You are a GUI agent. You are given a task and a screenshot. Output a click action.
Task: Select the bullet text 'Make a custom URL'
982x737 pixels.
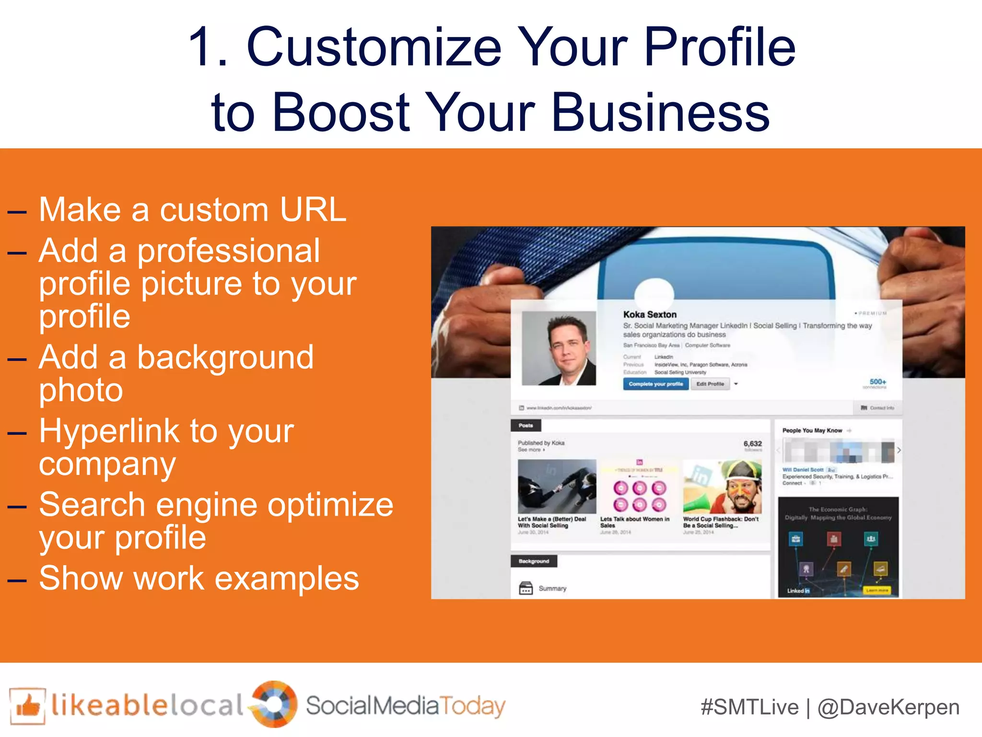point(192,210)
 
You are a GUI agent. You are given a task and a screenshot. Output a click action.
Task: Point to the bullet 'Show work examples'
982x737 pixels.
point(199,578)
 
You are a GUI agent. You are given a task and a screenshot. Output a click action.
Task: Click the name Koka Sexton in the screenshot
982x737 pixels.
point(650,314)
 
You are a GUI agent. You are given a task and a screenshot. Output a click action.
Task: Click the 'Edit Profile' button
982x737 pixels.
point(710,384)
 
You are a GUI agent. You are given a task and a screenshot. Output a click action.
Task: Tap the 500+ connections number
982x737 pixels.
point(878,382)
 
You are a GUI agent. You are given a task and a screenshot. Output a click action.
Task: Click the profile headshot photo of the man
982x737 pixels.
point(559,348)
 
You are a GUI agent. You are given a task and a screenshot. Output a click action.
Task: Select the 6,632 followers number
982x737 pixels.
point(752,444)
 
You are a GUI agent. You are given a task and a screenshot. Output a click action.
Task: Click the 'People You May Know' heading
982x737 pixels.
point(812,430)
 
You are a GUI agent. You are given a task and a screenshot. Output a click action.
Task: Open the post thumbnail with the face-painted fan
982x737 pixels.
point(722,487)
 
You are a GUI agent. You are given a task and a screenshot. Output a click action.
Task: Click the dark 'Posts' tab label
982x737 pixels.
point(526,426)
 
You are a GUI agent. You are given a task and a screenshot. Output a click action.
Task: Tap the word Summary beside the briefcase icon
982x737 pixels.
point(552,588)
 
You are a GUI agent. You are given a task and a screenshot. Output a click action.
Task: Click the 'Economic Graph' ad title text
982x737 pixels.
point(838,510)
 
